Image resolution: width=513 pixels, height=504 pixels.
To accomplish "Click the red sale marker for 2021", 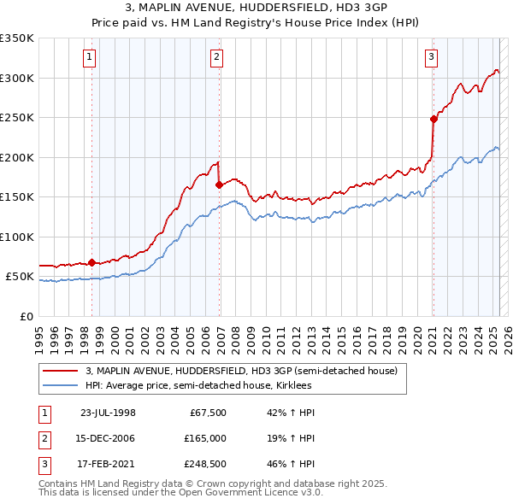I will (x=433, y=120).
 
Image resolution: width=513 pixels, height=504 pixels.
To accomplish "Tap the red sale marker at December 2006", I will (x=220, y=184).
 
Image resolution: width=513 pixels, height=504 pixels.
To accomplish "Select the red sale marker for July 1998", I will (x=91, y=262).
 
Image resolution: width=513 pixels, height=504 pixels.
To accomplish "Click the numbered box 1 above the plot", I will (x=89, y=57).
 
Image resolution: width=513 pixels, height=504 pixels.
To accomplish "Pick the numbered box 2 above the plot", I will (x=217, y=57).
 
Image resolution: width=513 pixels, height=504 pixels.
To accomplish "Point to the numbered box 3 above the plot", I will (x=431, y=57).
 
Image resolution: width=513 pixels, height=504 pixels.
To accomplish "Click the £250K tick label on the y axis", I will (x=17, y=117).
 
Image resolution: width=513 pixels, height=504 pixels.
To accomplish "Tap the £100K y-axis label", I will (x=17, y=237).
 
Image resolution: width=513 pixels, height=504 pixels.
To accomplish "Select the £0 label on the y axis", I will (x=27, y=316).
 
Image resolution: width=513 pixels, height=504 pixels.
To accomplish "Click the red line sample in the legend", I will (x=60, y=372).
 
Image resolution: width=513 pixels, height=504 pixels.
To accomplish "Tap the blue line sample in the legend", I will (x=60, y=385).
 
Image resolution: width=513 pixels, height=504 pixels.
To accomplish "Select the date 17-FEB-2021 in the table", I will (x=108, y=465).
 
